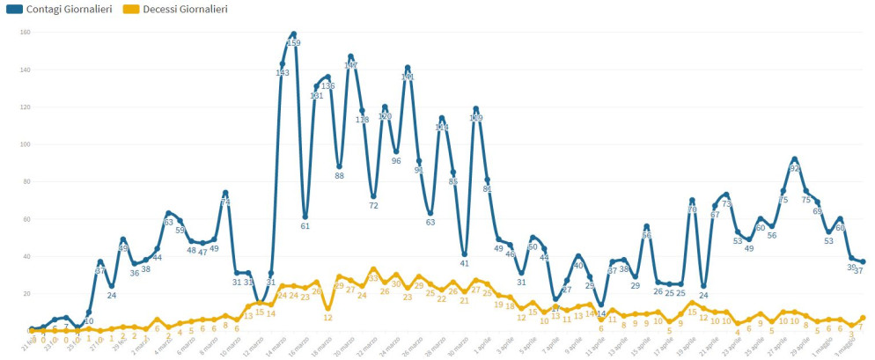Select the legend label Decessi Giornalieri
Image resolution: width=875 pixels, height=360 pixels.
coord(185,9)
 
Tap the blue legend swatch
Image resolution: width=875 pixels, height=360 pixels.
coord(13,9)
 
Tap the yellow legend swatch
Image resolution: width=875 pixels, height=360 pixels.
coord(130,9)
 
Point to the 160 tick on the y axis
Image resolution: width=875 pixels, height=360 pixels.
coord(26,33)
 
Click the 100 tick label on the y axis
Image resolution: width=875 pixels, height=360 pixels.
coord(26,144)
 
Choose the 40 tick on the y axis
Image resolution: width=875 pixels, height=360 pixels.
coord(26,256)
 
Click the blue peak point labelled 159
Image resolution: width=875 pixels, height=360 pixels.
coord(293,34)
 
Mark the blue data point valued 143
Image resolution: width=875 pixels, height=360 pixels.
coord(283,64)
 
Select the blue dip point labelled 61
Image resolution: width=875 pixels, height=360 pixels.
coord(305,217)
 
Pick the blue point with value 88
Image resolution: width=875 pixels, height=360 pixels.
coord(339,166)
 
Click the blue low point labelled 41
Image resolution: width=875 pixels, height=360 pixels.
coord(465,254)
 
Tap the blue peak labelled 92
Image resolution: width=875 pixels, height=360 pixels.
coord(794,159)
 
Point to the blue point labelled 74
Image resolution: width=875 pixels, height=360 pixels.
coord(225,193)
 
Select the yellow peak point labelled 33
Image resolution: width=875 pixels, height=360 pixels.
coord(373,269)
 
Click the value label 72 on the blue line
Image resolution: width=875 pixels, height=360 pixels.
coord(373,206)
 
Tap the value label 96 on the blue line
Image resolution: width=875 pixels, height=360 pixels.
coord(396,161)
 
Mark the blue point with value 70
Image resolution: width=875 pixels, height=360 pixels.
coord(692,200)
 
